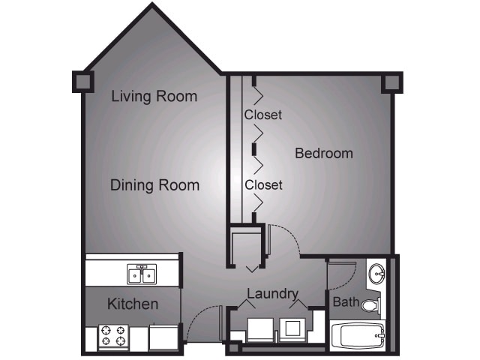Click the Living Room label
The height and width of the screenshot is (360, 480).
tap(154, 96)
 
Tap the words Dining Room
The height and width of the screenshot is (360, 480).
tap(154, 185)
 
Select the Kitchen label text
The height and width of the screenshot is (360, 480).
tap(133, 304)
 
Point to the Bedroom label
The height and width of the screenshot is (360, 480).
tap(323, 153)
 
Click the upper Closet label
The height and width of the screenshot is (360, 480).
tap(263, 115)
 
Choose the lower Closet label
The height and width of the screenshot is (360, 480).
tap(263, 184)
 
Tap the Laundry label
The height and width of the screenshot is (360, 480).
tap(273, 294)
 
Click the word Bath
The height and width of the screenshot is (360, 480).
tap(346, 303)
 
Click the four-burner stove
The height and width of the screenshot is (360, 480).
tap(113, 336)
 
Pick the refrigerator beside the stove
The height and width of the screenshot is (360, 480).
tap(162, 337)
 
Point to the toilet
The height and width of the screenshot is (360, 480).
tap(371, 304)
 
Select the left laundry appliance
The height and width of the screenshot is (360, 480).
tap(260, 329)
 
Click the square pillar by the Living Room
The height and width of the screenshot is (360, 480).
tap(82, 81)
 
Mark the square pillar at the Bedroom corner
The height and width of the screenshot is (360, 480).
tap(391, 82)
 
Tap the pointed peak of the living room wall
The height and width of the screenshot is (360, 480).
tap(153, 7)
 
